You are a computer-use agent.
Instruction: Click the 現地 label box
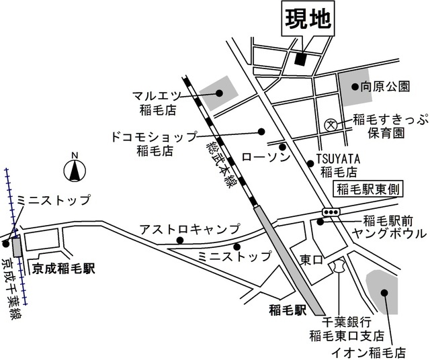(x=306, y=20)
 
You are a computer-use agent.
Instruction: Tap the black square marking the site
(x=300, y=58)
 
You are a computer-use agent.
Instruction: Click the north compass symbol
(x=75, y=170)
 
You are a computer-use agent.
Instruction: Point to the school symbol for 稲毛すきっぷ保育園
(x=331, y=124)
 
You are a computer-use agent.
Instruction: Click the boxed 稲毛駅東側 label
(x=368, y=189)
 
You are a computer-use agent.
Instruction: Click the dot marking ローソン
(x=282, y=146)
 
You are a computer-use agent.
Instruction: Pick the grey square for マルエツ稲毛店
(x=219, y=93)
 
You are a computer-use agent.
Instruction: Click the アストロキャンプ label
(x=189, y=228)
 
